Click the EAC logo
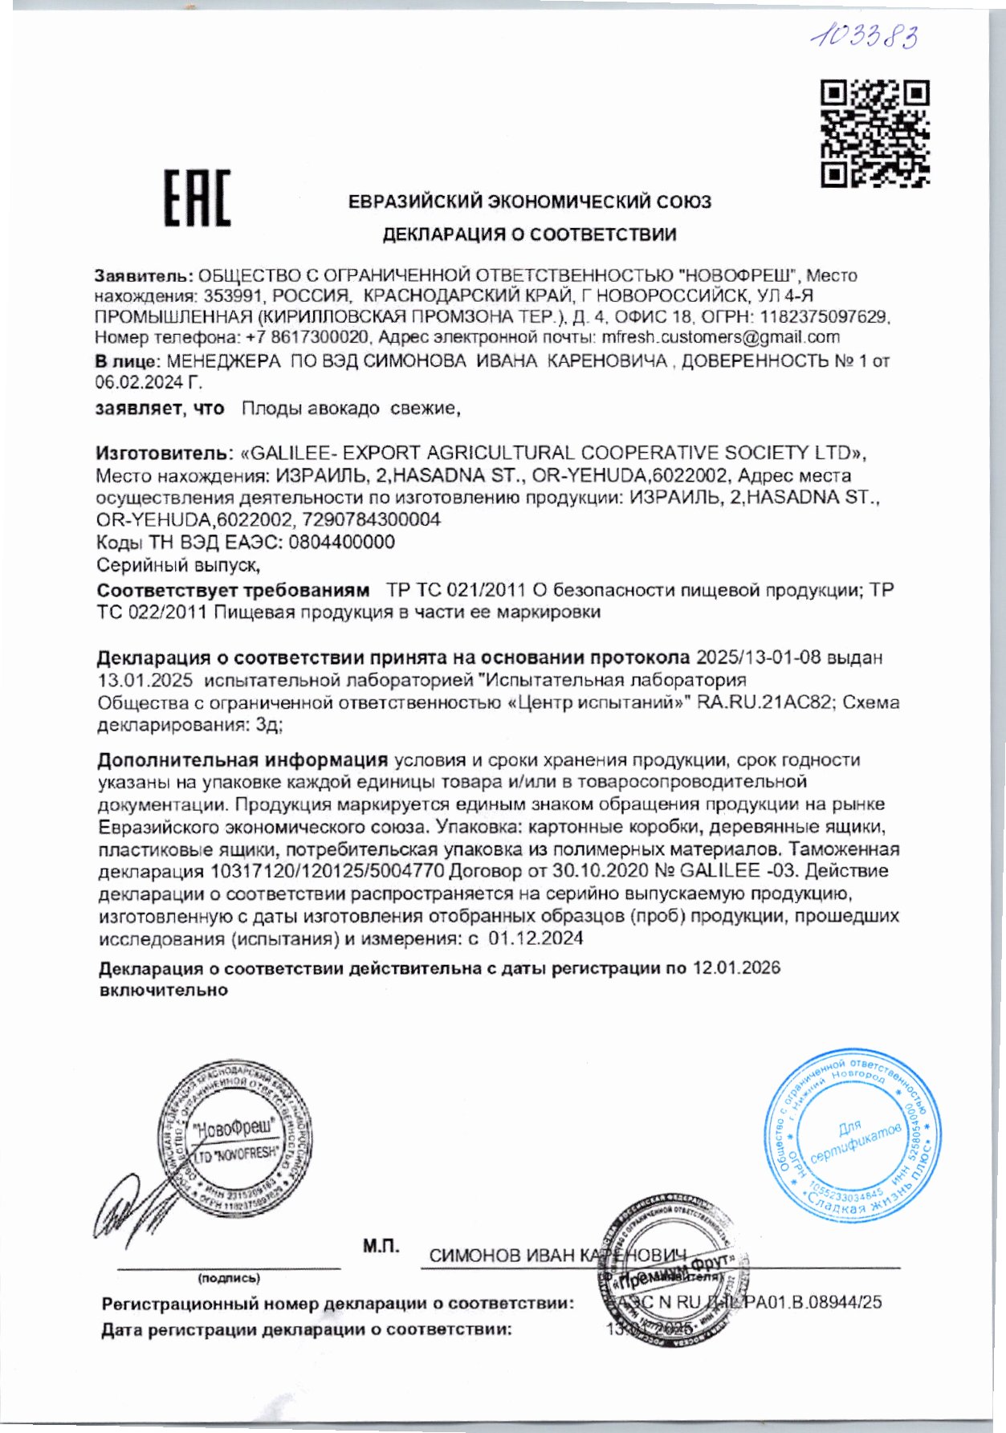197,198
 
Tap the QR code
874,133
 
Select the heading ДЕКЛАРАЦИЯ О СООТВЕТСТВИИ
529,234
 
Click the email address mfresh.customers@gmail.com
720,337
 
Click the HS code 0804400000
341,542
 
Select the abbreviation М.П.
381,1246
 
